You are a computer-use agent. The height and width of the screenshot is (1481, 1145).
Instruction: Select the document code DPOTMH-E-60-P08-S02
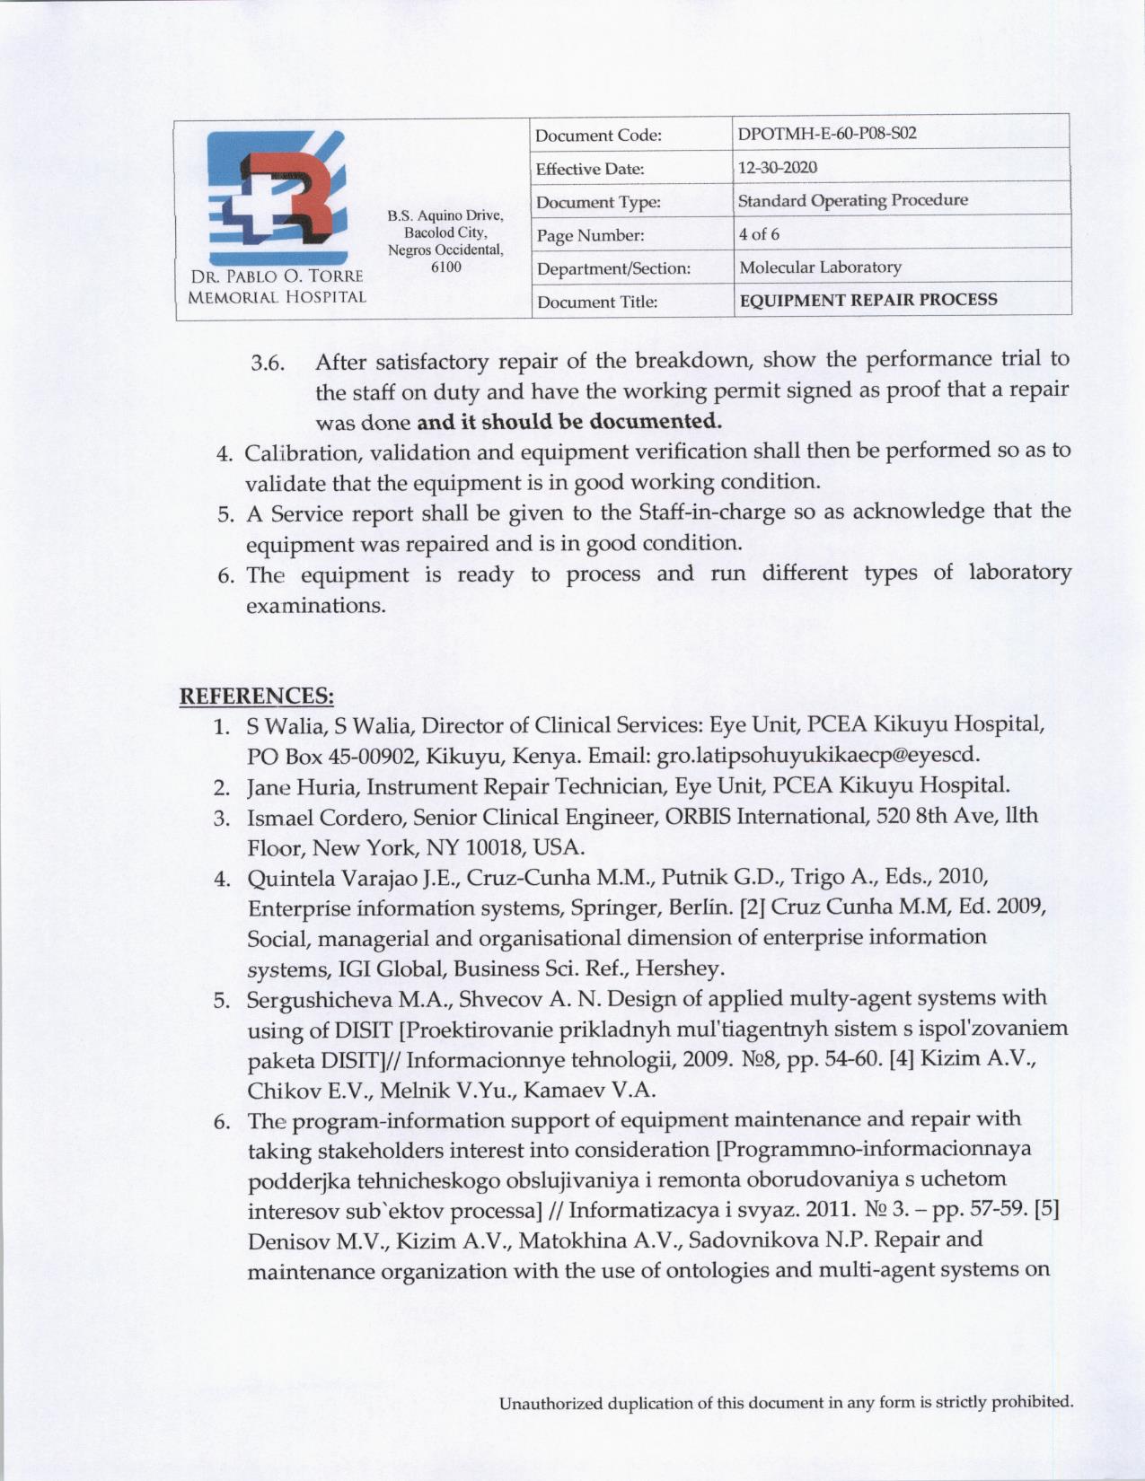coord(826,135)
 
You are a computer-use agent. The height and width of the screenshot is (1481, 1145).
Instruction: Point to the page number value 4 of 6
coord(759,234)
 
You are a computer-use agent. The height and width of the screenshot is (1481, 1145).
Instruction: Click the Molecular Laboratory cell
coord(820,267)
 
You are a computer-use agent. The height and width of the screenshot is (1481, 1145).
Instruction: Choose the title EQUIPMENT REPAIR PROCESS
coord(868,300)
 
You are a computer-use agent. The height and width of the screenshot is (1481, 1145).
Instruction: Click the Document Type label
coord(598,203)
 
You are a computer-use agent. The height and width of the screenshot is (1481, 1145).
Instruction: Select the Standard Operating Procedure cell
coord(852,200)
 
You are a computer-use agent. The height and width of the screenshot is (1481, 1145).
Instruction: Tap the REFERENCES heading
coord(258,697)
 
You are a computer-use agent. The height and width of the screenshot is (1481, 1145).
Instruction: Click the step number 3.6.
coord(268,364)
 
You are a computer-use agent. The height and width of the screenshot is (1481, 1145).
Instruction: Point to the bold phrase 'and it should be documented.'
coord(569,421)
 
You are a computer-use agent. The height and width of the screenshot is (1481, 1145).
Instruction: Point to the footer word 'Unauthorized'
coord(551,1402)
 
